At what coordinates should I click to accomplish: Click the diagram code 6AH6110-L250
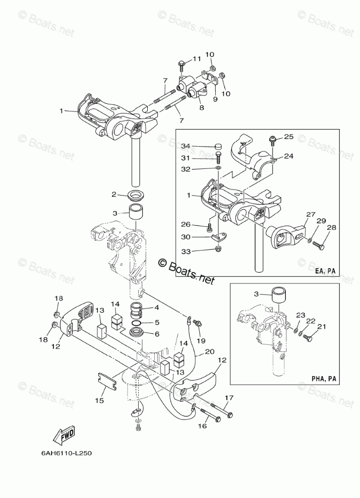tap(63, 452)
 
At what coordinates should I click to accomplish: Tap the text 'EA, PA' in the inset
tap(325, 271)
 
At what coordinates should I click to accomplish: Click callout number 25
tap(288, 137)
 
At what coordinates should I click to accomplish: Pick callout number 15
tap(99, 400)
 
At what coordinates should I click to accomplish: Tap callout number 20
tap(209, 351)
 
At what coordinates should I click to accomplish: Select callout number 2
tap(114, 194)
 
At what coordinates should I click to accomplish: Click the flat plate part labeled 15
tap(107, 379)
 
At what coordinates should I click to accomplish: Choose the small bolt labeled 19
tap(197, 322)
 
